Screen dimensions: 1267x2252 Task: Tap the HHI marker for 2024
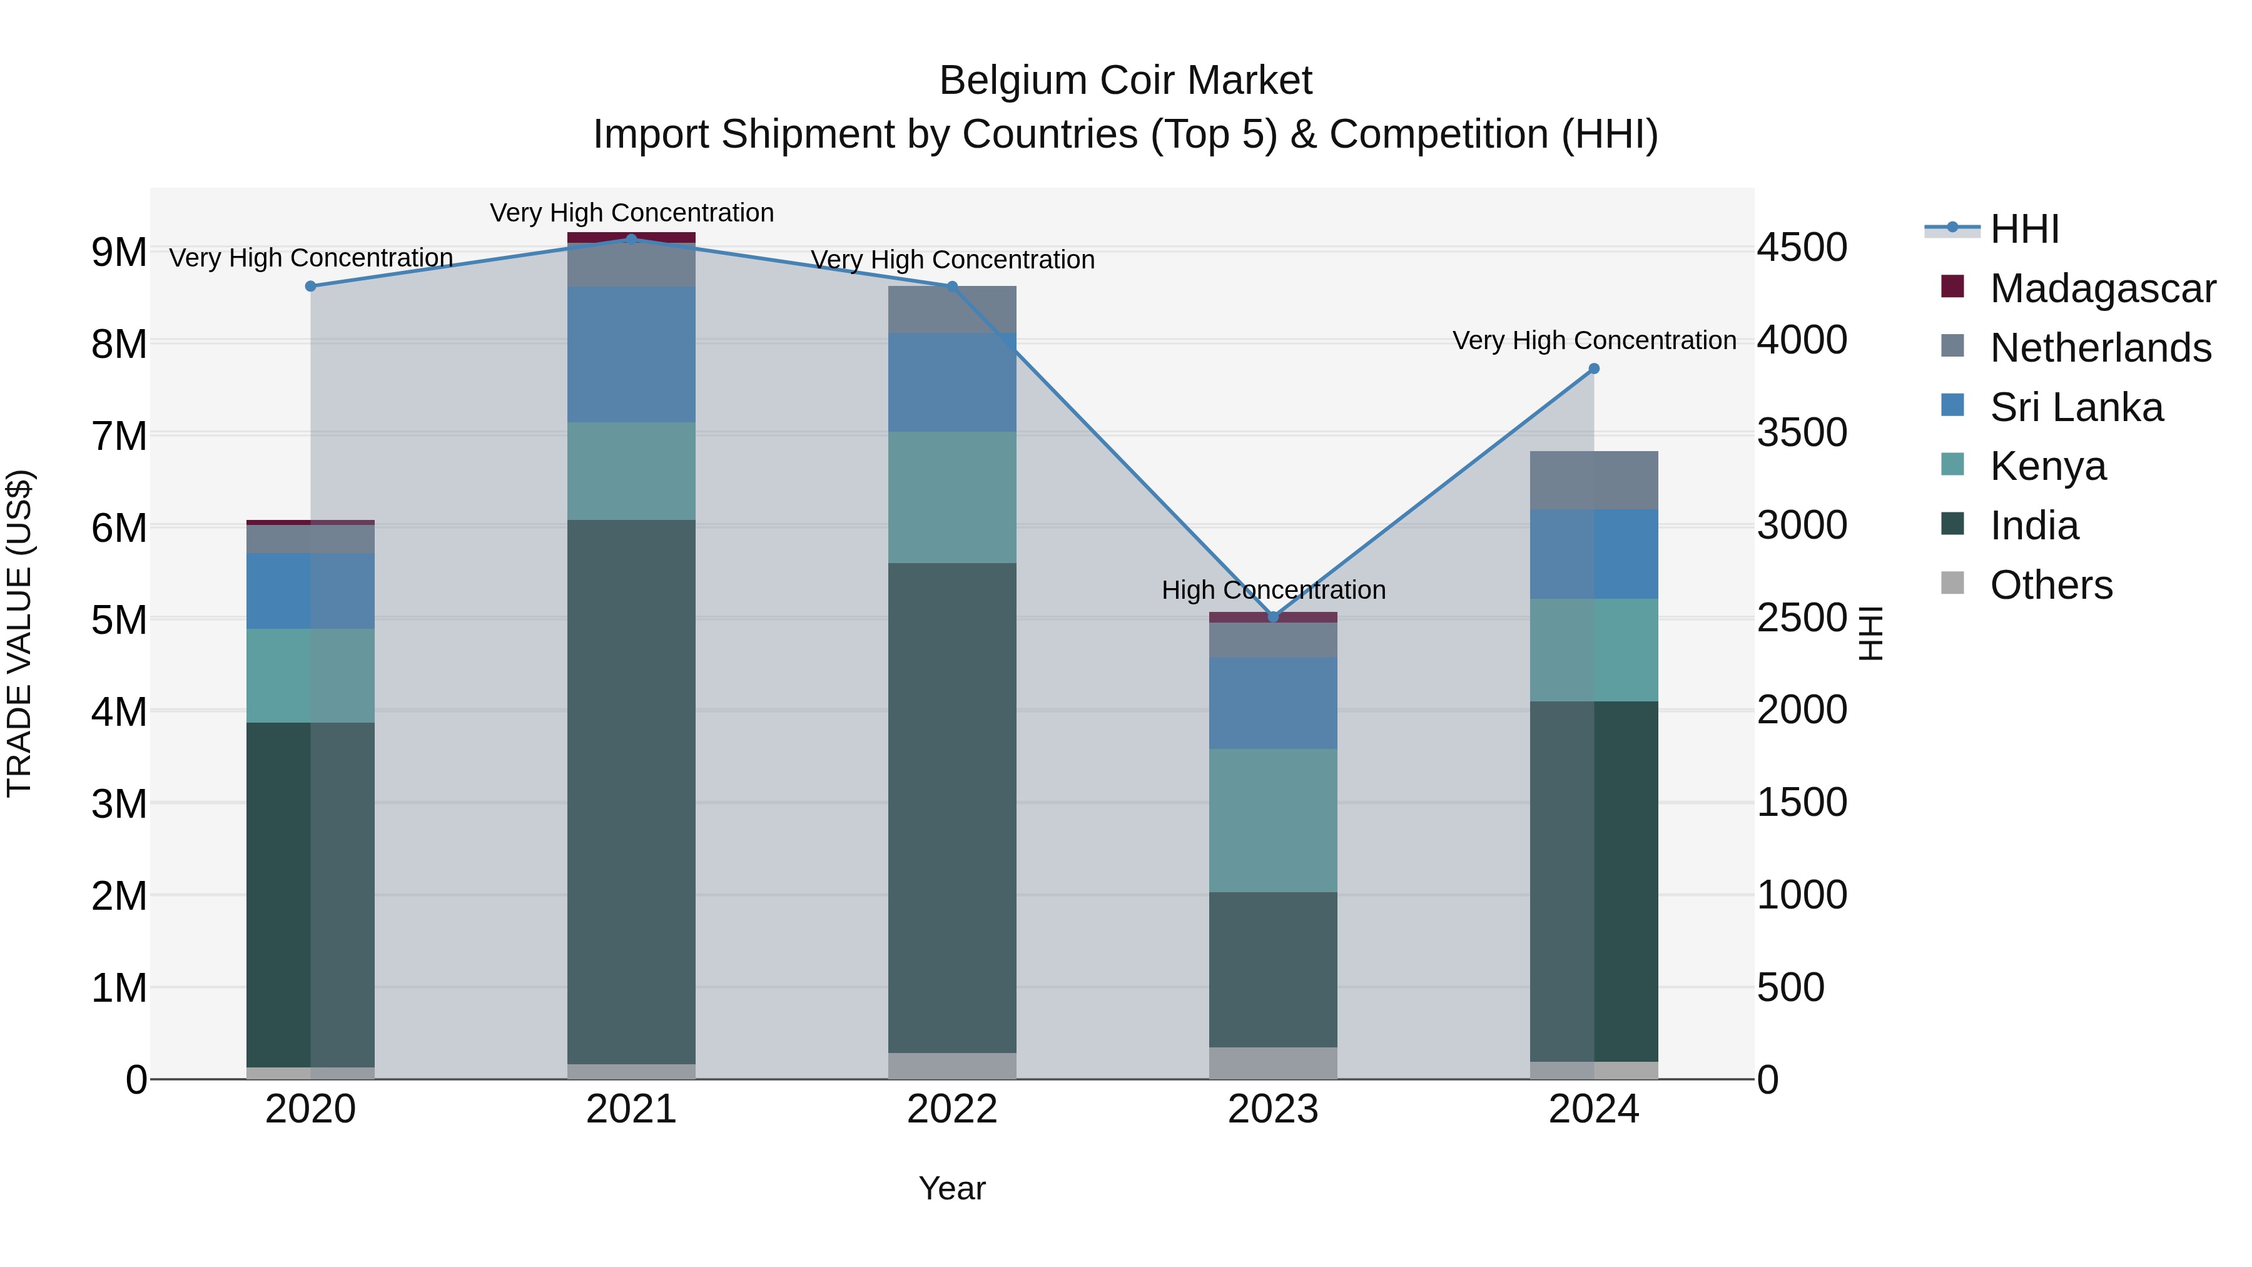(1594, 369)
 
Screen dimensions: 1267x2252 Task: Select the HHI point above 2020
(310, 286)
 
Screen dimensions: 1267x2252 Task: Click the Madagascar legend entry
(2102, 288)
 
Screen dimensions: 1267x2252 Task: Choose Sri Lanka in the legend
(2076, 407)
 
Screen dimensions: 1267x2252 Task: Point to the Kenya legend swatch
(1952, 465)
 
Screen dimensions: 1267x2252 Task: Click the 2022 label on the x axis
(952, 1109)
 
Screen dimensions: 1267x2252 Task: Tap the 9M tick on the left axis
(119, 253)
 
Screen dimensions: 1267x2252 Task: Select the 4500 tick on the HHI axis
(1803, 247)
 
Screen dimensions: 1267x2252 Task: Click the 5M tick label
(119, 621)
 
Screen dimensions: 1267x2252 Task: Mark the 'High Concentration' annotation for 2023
(1273, 590)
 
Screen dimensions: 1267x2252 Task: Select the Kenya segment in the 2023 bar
(1273, 820)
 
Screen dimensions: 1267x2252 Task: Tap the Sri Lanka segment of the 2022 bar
(952, 382)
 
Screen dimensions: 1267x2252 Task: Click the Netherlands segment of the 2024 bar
(1594, 480)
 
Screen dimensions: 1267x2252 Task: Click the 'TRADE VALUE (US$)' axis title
(19, 633)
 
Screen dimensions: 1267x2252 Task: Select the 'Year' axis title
(952, 1188)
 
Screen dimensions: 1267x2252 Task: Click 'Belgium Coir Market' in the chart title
(1125, 81)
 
